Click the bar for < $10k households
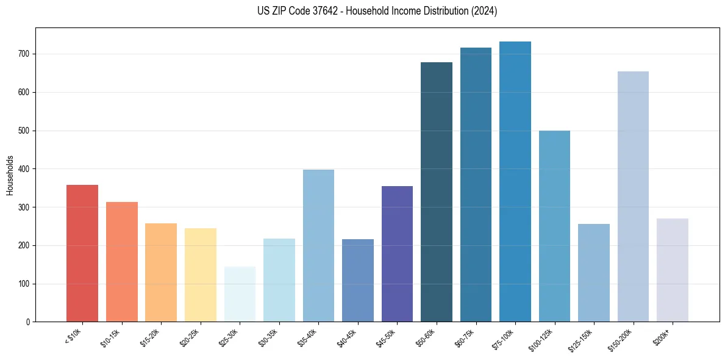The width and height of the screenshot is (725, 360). pos(82,253)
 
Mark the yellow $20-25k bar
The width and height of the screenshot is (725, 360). pos(201,275)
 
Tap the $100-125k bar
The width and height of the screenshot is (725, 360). pos(554,226)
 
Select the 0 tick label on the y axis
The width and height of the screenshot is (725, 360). pos(29,322)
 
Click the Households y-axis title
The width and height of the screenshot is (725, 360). pos(10,175)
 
